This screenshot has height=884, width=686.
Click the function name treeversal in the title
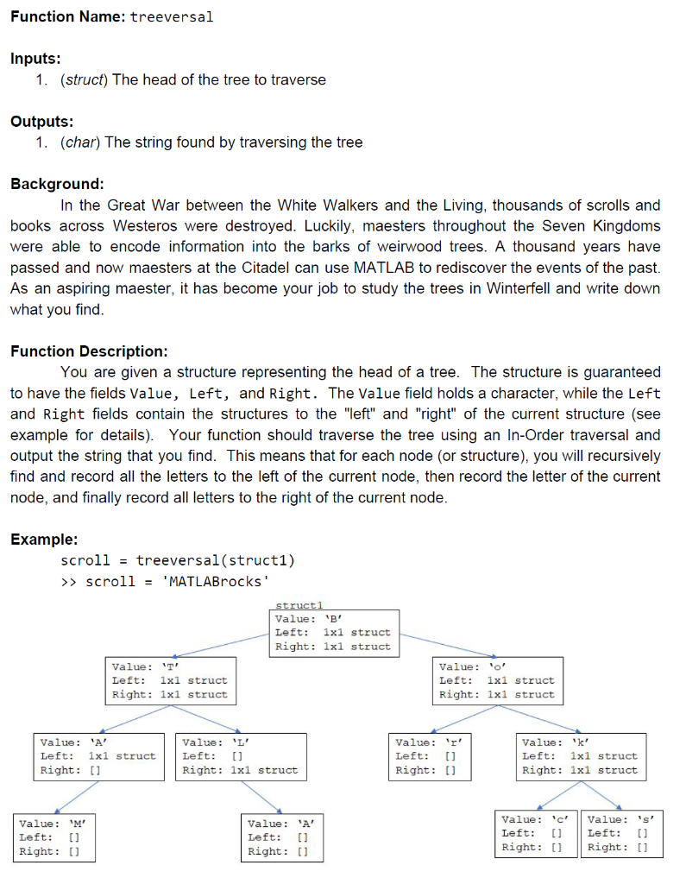pyautogui.click(x=171, y=17)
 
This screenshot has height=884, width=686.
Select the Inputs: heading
pyautogui.click(x=35, y=59)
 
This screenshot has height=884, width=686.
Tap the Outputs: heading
pyautogui.click(x=41, y=122)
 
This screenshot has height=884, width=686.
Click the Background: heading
pyautogui.click(x=57, y=184)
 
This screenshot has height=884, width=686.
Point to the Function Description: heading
pyautogui.click(x=89, y=351)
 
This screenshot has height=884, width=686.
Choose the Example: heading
pyautogui.click(x=43, y=540)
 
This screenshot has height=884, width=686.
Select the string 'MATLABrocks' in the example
pyautogui.click(x=209, y=581)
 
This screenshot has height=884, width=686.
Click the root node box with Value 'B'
pyautogui.click(x=335, y=633)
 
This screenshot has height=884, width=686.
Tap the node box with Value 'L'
pyautogui.click(x=242, y=756)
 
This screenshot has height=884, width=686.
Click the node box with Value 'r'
pyautogui.click(x=429, y=756)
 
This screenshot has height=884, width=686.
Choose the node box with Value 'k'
pyautogui.click(x=580, y=756)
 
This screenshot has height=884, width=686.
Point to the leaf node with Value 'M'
pyautogui.click(x=53, y=837)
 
